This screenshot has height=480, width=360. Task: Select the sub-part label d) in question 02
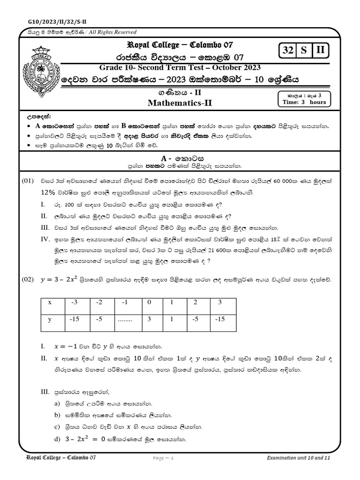click(x=58, y=439)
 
